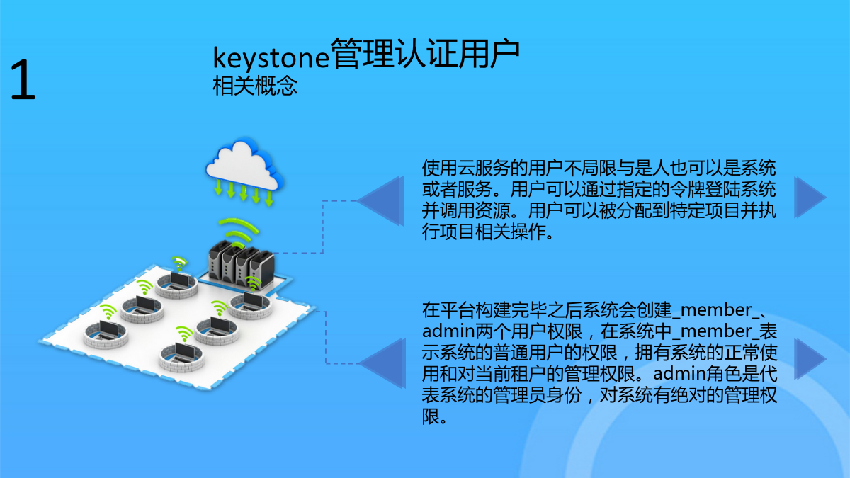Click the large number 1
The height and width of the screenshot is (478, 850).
(23, 80)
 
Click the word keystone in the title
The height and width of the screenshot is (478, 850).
(271, 57)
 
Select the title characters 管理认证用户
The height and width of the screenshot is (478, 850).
(425, 54)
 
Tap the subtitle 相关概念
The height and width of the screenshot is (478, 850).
(255, 86)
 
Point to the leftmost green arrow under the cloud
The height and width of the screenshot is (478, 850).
(218, 188)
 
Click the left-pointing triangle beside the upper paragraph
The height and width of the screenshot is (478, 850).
(380, 201)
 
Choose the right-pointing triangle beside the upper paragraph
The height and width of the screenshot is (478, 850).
(810, 198)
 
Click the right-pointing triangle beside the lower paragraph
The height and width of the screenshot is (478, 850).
(810, 359)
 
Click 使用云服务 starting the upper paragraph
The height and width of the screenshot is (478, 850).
(465, 168)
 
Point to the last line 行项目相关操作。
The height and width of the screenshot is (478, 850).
(488, 232)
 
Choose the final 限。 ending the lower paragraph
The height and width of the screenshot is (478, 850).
(435, 416)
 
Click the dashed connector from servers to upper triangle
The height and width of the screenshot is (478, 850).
(323, 227)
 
